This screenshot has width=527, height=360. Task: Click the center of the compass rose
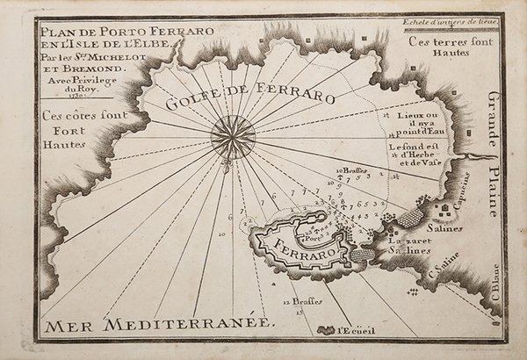pos(234,137)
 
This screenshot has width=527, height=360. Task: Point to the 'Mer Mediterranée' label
pos(160,324)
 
